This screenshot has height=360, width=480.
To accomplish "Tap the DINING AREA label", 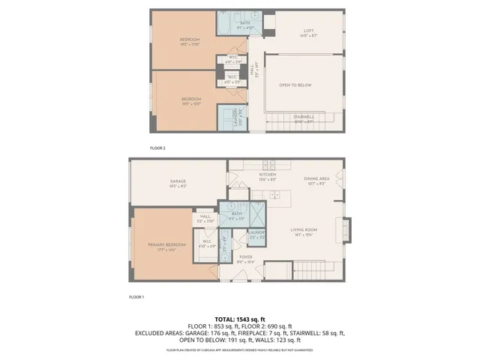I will point(316,180).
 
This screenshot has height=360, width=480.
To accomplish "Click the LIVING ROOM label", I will point(304,232).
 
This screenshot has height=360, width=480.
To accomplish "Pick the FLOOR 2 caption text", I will point(157,148).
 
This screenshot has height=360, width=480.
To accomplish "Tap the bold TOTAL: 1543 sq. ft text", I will point(240,320).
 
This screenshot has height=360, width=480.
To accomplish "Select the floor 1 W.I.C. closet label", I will point(207,243).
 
